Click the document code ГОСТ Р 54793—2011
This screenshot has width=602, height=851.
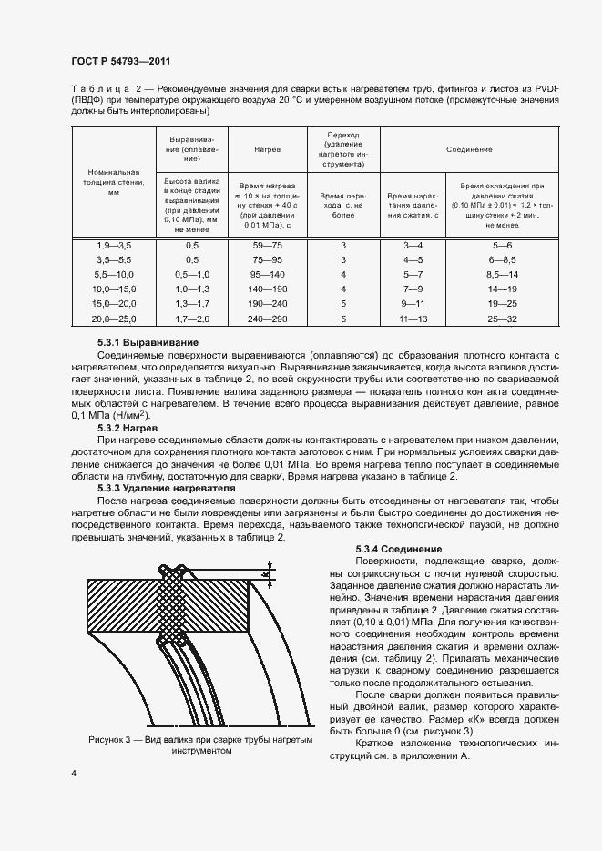[x=120, y=61]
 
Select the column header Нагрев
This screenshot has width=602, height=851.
[x=267, y=147]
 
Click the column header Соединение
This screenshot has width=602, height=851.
[x=470, y=147]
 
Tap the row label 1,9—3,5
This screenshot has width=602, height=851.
[x=114, y=247]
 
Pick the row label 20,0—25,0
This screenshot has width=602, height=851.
[x=114, y=319]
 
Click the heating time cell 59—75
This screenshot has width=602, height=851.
[x=267, y=247]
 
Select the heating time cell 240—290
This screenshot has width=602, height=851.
[x=267, y=319]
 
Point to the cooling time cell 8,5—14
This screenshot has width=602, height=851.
[x=502, y=275]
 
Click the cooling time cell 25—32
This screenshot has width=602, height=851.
[x=502, y=319]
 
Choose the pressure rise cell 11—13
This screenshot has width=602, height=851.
[x=413, y=319]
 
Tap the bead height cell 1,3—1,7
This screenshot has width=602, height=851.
[x=192, y=304]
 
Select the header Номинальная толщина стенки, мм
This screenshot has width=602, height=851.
[x=114, y=182]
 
